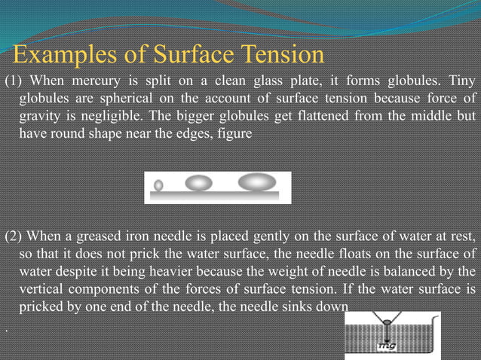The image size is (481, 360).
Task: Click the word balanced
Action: pyautogui.click(x=418, y=270)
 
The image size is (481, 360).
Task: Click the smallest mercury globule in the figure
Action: pyautogui.click(x=158, y=185)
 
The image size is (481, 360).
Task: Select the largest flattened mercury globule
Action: pyautogui.click(x=256, y=182)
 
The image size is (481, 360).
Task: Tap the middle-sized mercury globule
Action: pyautogui.click(x=199, y=182)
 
